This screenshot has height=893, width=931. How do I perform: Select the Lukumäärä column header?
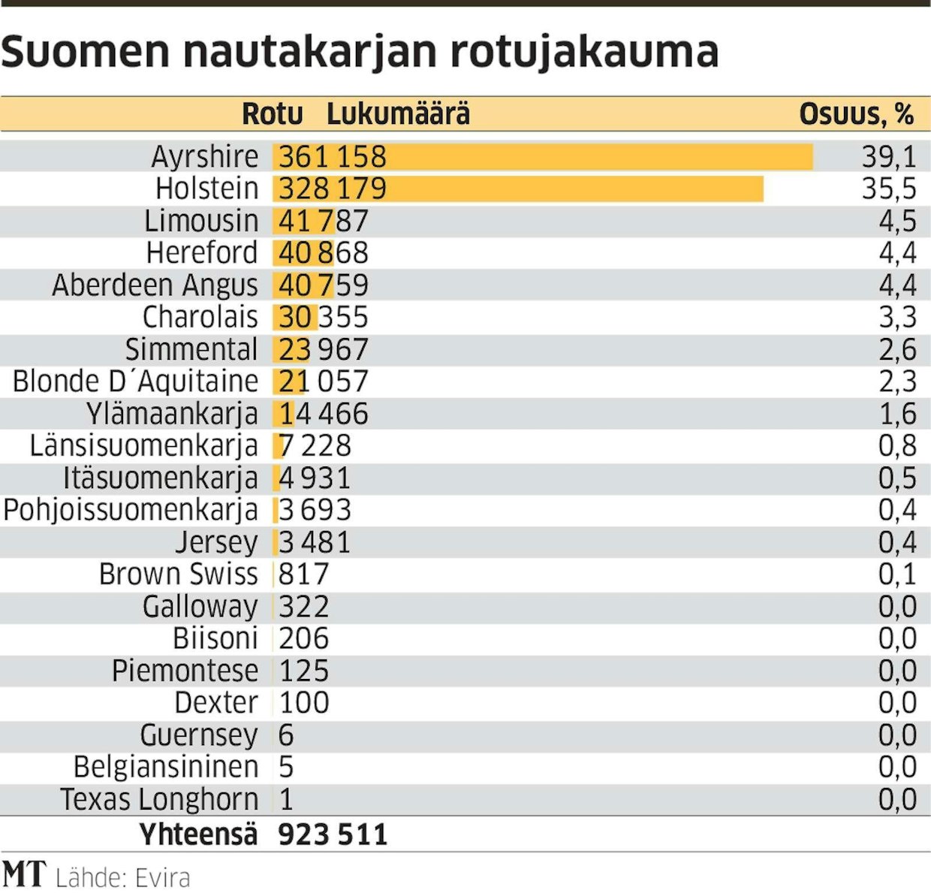(398, 114)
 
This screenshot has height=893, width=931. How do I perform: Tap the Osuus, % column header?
(856, 114)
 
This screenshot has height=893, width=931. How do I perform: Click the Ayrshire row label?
(204, 157)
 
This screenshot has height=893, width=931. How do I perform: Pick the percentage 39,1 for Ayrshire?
(888, 157)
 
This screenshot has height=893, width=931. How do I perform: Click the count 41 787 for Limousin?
(323, 222)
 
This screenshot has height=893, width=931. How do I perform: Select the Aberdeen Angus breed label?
(155, 285)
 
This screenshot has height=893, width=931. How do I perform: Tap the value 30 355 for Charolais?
(323, 318)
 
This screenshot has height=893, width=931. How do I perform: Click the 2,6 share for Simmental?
(897, 350)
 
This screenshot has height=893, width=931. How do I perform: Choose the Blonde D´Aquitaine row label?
(135, 382)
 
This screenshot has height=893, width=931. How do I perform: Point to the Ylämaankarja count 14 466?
(323, 414)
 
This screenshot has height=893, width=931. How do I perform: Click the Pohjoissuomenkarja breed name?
(131, 511)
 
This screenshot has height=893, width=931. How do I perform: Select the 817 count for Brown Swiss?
(303, 575)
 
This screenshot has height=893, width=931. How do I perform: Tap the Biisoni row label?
(215, 639)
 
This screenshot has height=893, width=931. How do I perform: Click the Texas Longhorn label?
(159, 800)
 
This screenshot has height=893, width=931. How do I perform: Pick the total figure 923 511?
(333, 834)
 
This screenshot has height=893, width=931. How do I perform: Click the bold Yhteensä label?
(198, 834)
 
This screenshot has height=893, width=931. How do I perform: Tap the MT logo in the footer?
(24, 875)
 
